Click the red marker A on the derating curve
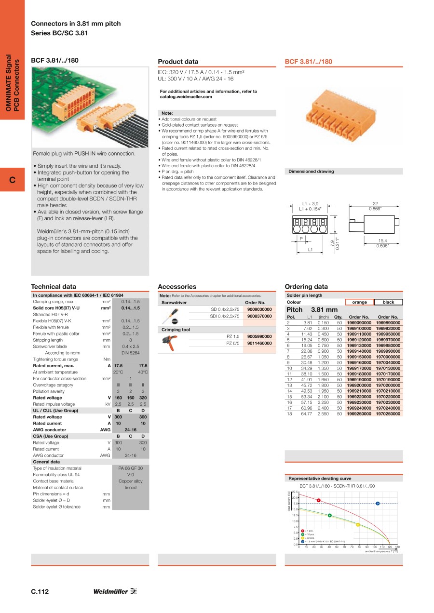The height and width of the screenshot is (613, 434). (x=319, y=500)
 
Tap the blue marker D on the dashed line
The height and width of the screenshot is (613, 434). (x=378, y=504)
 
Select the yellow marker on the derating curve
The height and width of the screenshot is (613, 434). (x=358, y=524)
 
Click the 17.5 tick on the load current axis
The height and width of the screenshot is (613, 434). (x=295, y=504)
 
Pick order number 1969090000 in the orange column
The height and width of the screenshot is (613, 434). (x=359, y=323)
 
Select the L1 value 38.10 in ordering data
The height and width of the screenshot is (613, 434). (x=307, y=373)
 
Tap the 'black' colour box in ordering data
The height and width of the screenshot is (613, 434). (x=388, y=302)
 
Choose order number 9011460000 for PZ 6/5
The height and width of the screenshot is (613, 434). (x=259, y=343)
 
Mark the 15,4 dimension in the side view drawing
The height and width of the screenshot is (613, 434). (x=382, y=240)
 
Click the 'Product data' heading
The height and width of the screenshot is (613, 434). (x=178, y=62)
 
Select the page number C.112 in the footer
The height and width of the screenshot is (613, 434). (x=40, y=592)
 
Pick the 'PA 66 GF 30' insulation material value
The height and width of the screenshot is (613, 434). (x=130, y=468)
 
